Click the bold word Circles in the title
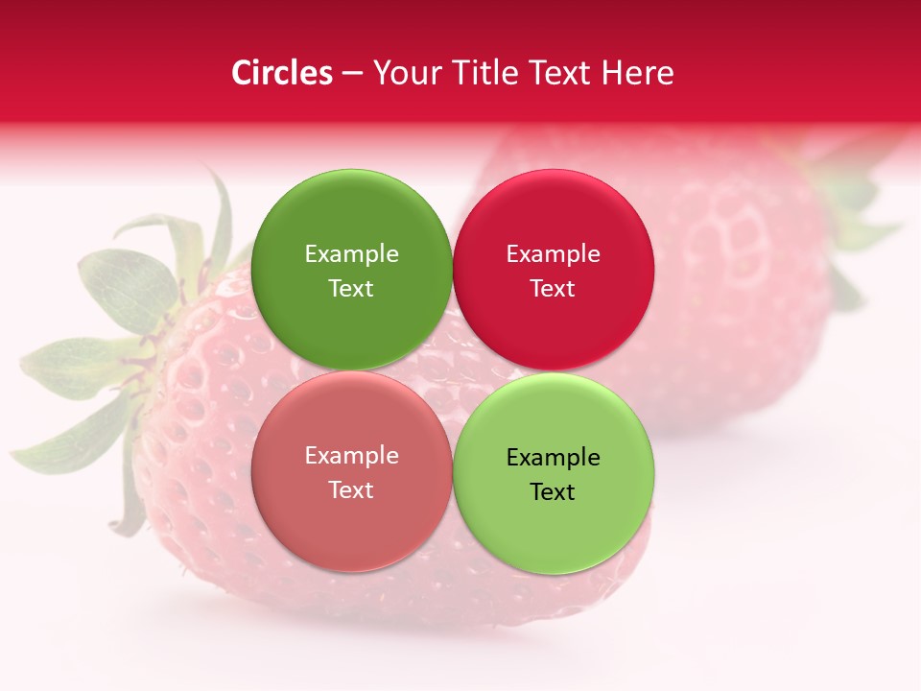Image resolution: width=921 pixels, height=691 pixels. pos(281,73)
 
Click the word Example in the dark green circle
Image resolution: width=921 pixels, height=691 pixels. pos(351,254)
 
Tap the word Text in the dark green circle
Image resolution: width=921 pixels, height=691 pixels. pos(351,289)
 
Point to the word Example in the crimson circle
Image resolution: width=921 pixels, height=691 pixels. pos(553,254)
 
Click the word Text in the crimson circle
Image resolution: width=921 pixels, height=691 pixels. pos(553,289)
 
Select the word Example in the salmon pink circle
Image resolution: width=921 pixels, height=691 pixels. pos(351,456)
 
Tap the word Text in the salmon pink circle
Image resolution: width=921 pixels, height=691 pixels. pos(351,490)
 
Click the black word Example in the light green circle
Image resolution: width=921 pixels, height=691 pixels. pos(553,458)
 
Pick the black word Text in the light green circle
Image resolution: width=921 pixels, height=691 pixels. pos(553,492)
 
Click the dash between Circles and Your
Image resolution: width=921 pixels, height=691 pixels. pos(351,74)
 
